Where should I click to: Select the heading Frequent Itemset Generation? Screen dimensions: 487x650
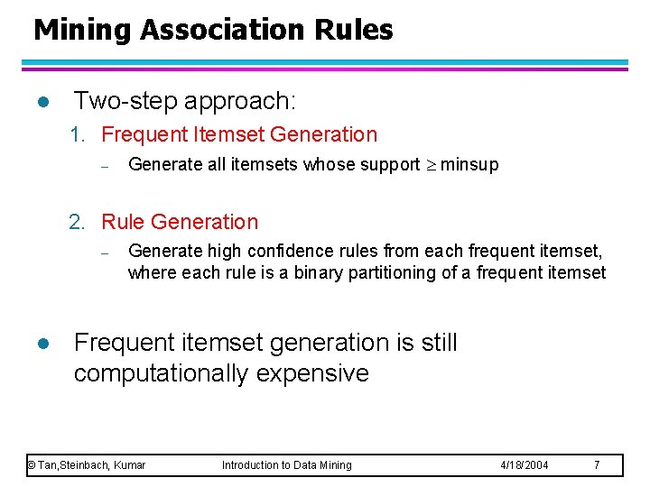[239, 135]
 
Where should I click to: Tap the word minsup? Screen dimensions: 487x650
[469, 165]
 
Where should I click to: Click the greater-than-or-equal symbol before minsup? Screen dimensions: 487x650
[430, 165]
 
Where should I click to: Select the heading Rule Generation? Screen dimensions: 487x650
[180, 222]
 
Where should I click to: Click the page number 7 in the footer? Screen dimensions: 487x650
[596, 465]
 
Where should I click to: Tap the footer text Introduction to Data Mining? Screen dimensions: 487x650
[287, 465]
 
